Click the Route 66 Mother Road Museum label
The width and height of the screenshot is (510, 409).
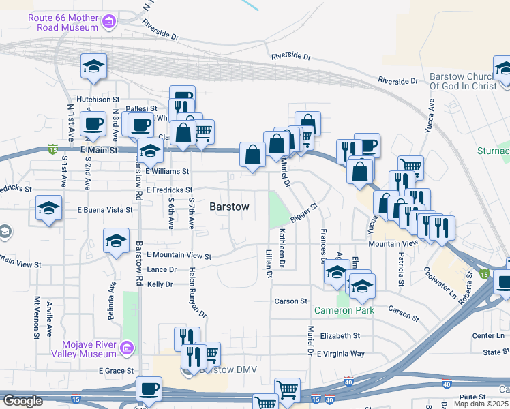coord(63,22)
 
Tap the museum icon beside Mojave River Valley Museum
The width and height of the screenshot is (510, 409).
coord(125,349)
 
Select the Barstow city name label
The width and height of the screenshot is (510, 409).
coord(229,206)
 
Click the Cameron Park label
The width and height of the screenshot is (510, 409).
coord(344,310)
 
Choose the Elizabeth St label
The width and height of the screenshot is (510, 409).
coord(340,336)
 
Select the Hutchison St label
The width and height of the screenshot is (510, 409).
coord(97,100)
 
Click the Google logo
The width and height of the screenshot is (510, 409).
coord(22,401)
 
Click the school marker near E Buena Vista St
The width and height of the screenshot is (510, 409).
coord(49,209)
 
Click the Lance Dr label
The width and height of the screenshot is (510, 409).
coord(162,270)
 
